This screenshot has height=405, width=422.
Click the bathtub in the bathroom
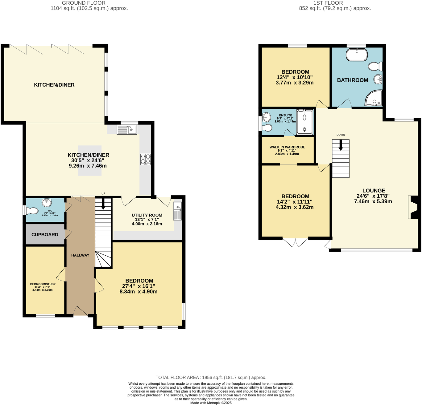pos(357,55)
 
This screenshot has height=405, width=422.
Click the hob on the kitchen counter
pos(145,160)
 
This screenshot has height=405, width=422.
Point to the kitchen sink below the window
pos(127,130)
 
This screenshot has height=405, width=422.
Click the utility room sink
pos(177,211)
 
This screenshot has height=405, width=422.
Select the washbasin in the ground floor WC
pos(47,202)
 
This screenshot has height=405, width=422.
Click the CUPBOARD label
pos(45,235)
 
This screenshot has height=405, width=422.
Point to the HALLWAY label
pos(80,255)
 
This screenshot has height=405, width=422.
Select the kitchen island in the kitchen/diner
pos(90,160)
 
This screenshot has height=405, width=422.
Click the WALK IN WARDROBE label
pos(287,147)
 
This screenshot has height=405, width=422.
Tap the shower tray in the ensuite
pos(304,122)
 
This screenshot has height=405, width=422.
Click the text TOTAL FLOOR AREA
pos(178,377)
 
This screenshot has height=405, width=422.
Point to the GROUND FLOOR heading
pos(84,3)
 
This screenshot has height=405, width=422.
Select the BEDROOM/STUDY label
pos(43,284)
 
